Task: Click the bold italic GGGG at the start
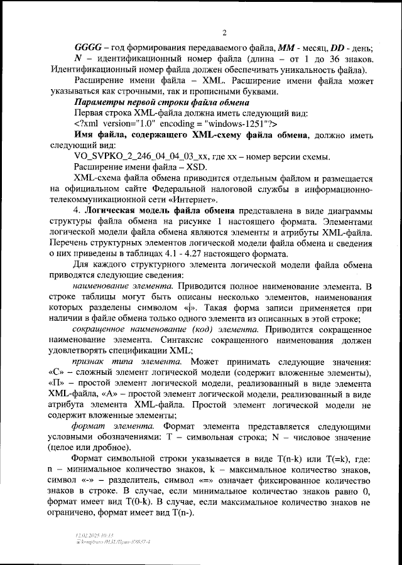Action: pos(85,49)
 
